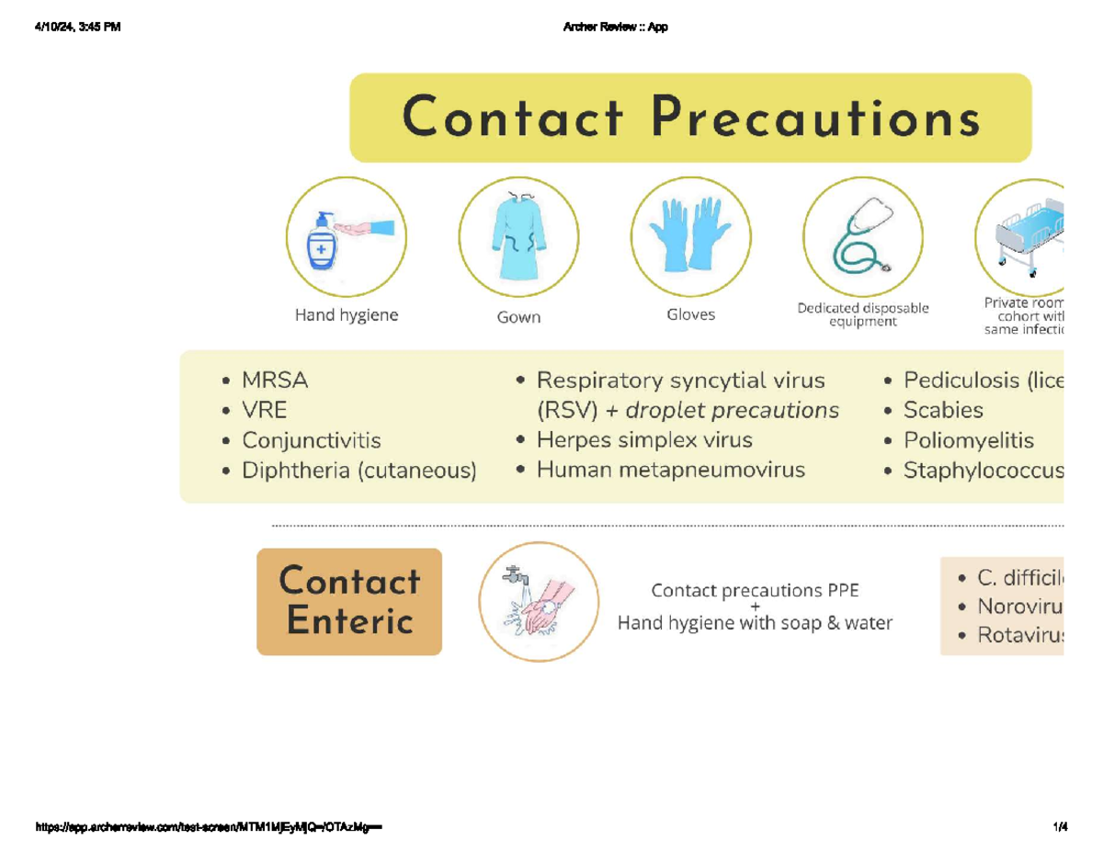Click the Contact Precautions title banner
pos(690,119)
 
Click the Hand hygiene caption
pos(347,315)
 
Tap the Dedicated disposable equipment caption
pos(863,314)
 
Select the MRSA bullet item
pos(275,380)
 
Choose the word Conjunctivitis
pos(311,441)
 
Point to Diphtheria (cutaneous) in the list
pos(358,471)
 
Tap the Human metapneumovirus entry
pos(670,471)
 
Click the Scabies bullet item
pos(943,410)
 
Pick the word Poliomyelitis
pos(969,441)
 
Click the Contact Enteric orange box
pos(349,601)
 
